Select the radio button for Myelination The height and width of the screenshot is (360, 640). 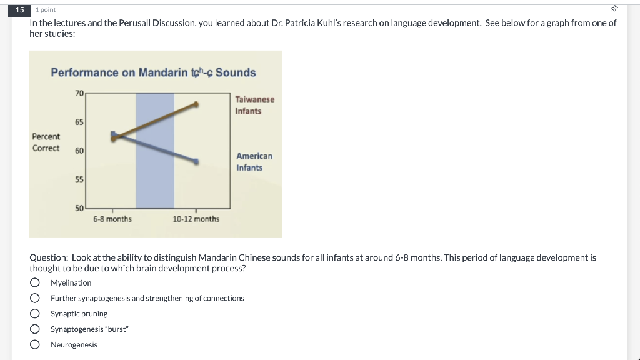coord(35,282)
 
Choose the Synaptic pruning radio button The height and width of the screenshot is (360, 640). coord(35,314)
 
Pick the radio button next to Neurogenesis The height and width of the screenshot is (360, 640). coord(35,344)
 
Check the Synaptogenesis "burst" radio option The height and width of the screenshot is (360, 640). coord(35,329)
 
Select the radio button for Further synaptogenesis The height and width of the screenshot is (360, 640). coord(35,298)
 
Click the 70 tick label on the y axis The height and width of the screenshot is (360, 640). coord(79,94)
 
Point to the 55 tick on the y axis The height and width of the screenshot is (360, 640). coord(79,179)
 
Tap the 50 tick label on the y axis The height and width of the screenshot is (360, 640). coord(79,208)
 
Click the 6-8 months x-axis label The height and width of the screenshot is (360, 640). coord(112,219)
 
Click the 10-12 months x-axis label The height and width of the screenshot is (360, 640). coord(196,219)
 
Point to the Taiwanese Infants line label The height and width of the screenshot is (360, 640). coord(255,105)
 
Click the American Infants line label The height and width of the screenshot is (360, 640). coord(254,162)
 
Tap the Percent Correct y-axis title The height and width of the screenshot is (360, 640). coord(46,142)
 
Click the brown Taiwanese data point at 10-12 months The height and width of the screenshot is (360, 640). coord(196,104)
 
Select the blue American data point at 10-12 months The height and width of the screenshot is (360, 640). coord(196,162)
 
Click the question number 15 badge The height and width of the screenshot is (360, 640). coord(19,10)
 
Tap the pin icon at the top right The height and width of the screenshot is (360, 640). coord(614,9)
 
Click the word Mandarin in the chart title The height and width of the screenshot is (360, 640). coord(163,72)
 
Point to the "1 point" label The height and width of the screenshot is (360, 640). coord(46,10)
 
